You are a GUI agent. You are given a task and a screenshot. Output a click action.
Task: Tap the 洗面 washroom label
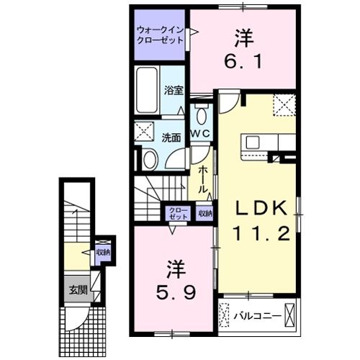click(171, 137)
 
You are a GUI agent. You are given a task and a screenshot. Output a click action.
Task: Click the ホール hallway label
click(204, 180)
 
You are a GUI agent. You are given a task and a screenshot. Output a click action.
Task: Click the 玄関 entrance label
click(78, 291)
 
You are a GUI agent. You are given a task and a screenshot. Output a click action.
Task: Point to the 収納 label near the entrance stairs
click(103, 252)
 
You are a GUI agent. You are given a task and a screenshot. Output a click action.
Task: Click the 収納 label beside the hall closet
click(206, 213)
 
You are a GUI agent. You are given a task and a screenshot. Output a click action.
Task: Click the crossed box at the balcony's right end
click(291, 315)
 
